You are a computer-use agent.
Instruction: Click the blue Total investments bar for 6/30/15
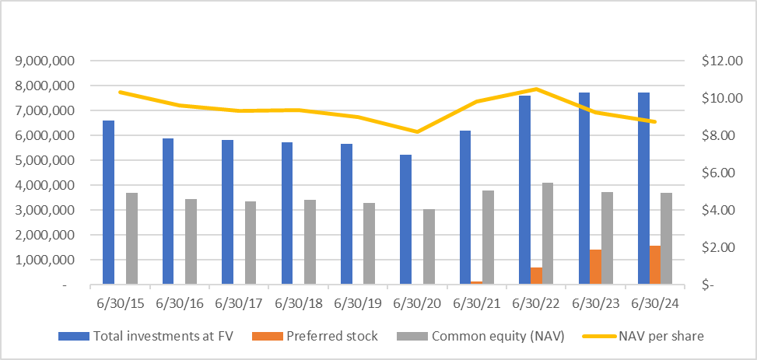click(108, 203)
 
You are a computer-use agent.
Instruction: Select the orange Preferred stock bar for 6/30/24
click(655, 265)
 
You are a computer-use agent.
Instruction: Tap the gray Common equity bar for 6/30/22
click(548, 234)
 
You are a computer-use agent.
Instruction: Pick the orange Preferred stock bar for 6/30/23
click(595, 267)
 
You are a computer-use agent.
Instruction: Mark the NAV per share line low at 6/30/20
click(417, 131)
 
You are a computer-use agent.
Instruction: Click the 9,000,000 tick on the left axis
click(45, 61)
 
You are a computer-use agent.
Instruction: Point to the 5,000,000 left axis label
click(45, 160)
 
